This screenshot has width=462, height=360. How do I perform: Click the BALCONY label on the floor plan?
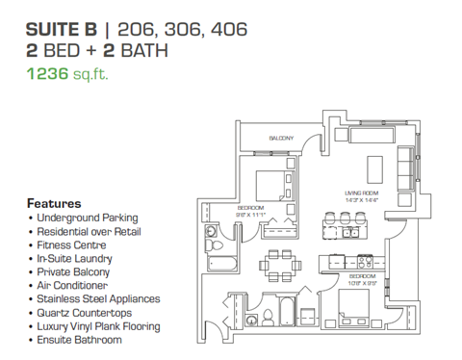281,139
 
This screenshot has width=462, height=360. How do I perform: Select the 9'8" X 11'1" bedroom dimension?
251,214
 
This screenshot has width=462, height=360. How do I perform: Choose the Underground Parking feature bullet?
87,219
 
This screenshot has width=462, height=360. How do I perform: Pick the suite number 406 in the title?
228,30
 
